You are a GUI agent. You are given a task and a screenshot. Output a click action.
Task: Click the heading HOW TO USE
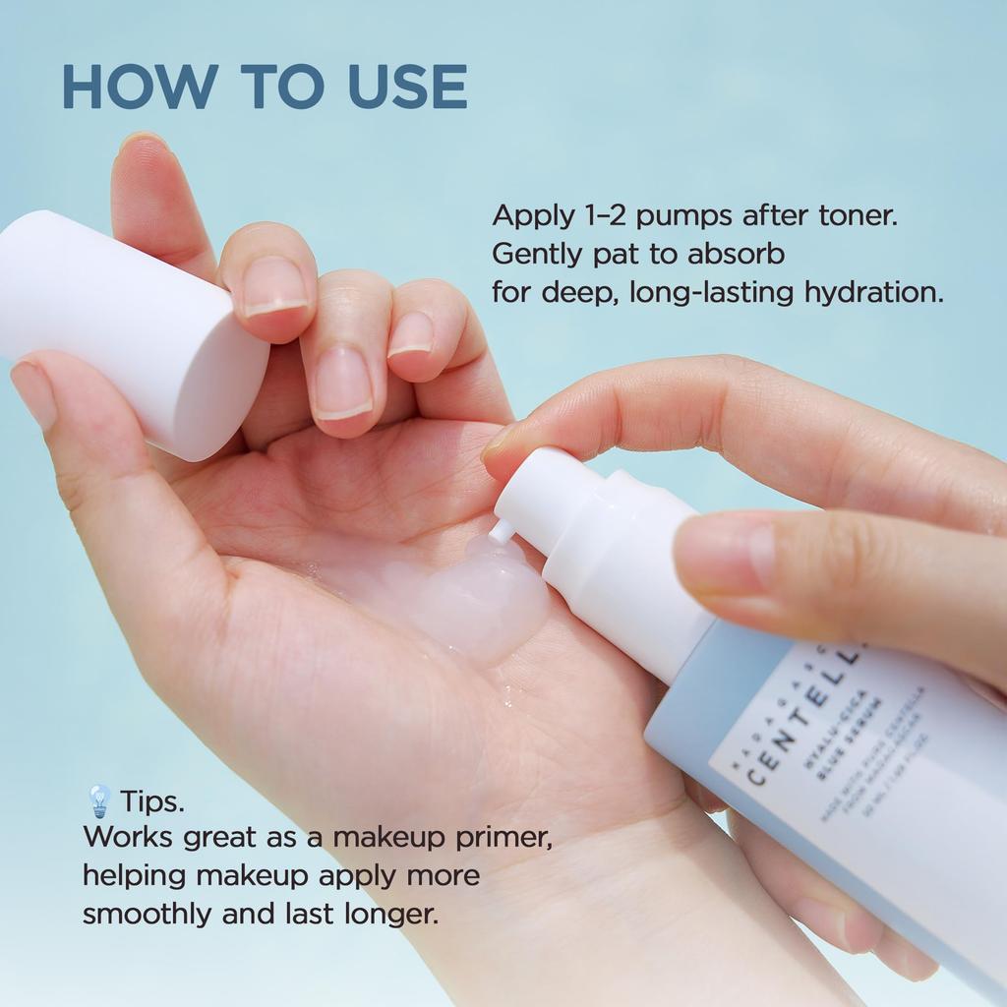pos(264,87)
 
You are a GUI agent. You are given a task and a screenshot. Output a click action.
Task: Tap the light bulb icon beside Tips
pos(98,801)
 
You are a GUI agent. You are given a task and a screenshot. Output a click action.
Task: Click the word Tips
pos(152,802)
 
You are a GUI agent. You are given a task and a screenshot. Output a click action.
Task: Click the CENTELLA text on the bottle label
pos(801,718)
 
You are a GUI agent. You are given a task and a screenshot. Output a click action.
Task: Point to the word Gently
pos(537,255)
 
